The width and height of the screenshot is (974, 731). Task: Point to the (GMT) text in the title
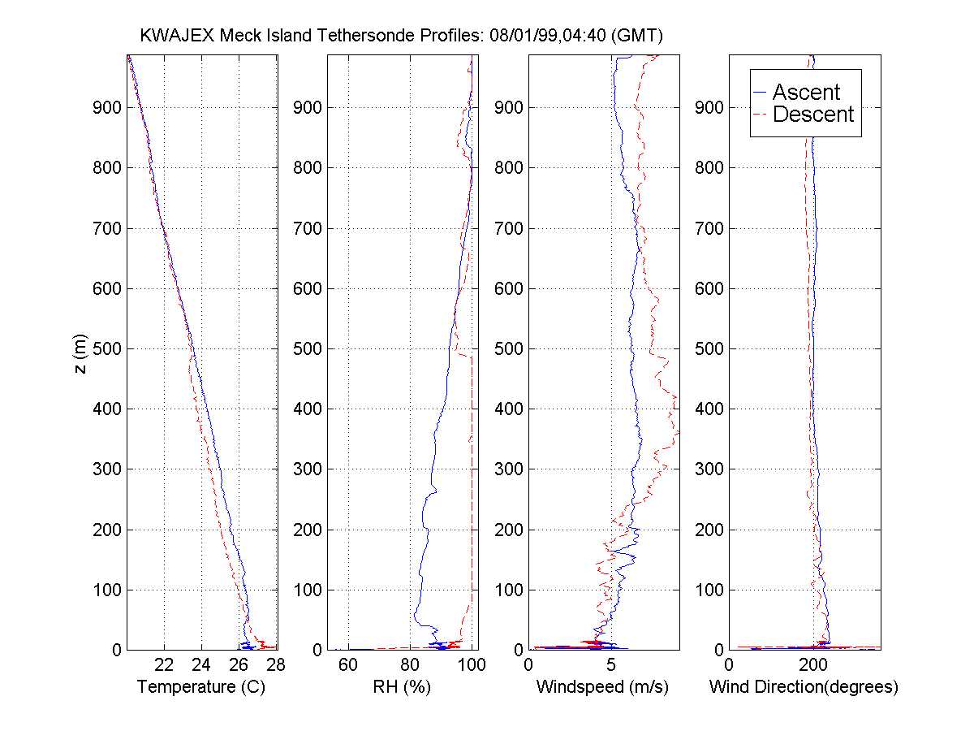tap(637, 36)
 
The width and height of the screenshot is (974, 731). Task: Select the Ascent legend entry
tap(806, 92)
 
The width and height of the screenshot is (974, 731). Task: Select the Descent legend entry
tap(813, 115)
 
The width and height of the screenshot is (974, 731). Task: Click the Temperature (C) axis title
tap(201, 687)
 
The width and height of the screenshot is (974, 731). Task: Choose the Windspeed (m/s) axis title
tap(602, 687)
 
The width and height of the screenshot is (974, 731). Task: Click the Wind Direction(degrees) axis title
tap(804, 687)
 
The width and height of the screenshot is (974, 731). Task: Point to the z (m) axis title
tap(80, 353)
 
